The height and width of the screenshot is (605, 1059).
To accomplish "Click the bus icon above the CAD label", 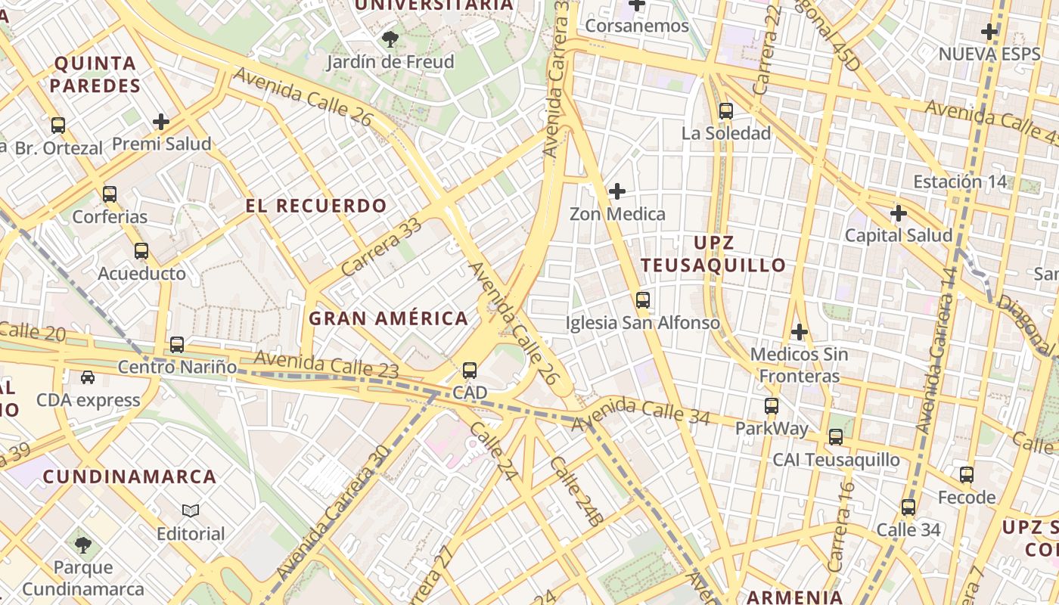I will pyautogui.click(x=470, y=371).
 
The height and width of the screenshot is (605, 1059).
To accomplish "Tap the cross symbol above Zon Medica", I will pyautogui.click(x=617, y=191).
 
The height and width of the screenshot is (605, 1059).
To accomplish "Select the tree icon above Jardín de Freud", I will pyautogui.click(x=390, y=39).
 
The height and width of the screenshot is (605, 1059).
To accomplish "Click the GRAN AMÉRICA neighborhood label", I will pyautogui.click(x=388, y=318).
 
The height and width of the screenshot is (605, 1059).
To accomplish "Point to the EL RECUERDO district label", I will pyautogui.click(x=316, y=206).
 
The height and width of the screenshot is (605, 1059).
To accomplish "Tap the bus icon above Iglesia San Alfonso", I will pyautogui.click(x=643, y=300).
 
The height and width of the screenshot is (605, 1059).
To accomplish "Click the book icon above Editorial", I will pyautogui.click(x=191, y=511).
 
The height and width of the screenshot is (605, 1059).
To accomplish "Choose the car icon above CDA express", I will pyautogui.click(x=88, y=377).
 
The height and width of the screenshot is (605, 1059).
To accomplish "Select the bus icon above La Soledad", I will pyautogui.click(x=726, y=111).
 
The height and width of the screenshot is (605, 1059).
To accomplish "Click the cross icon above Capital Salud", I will pyautogui.click(x=899, y=213).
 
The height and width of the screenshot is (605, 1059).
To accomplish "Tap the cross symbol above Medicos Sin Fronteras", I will pyautogui.click(x=799, y=332).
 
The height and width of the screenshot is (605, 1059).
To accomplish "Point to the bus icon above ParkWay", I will pyautogui.click(x=772, y=406).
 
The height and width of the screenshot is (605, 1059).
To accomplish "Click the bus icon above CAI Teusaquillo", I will pyautogui.click(x=836, y=437).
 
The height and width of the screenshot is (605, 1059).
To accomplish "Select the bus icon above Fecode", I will pyautogui.click(x=967, y=475).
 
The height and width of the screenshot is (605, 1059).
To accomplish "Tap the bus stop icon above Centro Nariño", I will pyautogui.click(x=177, y=345).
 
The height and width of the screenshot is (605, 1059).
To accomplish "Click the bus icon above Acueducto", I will pyautogui.click(x=141, y=251).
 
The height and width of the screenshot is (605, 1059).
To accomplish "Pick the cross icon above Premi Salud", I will pyautogui.click(x=160, y=122).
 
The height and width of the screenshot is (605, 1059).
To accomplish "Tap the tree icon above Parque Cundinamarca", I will pyautogui.click(x=83, y=544).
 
